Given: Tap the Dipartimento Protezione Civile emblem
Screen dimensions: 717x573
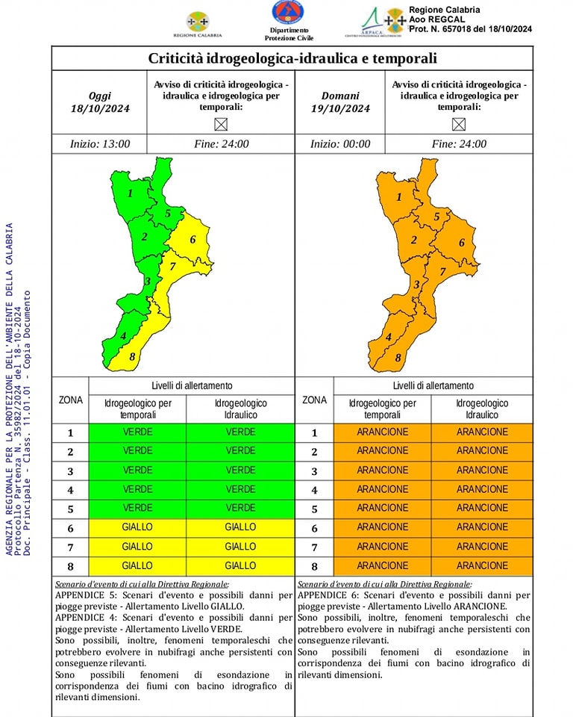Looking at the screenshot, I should pos(288,14).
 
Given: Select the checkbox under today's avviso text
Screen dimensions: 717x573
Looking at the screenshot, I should pos(220,124).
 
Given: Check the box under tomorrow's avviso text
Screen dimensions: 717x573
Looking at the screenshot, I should pos(458,124).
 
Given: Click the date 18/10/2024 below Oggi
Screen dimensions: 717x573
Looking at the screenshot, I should pos(100,108).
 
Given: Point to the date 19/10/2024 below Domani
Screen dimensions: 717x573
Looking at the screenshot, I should pos(340,108).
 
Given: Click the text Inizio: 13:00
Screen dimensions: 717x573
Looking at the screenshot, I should pos(99,144).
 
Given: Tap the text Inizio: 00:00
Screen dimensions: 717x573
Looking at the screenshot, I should pos(340,144).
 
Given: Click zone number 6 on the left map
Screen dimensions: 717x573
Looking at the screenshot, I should pos(192,240).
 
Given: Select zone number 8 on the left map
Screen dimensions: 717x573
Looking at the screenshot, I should pos(132,357).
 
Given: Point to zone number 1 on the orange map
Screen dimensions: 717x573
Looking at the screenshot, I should pos(398,197).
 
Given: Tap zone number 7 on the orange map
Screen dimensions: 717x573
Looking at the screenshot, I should pos(442,271).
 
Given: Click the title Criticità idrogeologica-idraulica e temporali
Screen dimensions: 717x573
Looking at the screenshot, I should pos(292,58).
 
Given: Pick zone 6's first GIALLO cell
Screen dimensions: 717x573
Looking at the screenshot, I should pos(137,527).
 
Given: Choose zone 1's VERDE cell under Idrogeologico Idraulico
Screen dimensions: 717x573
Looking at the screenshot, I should pos(240,432).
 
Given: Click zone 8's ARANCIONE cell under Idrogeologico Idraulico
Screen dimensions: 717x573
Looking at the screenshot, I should pos(482,566).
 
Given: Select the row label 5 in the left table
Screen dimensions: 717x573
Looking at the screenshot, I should pos(70,509).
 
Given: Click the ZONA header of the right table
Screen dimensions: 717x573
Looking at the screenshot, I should pos(314,400).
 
